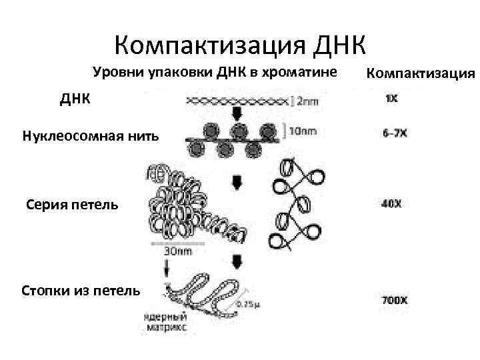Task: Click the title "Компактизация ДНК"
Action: click(x=240, y=45)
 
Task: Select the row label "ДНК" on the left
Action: click(x=74, y=99)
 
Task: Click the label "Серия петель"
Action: click(x=73, y=204)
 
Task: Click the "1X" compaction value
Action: click(x=391, y=99)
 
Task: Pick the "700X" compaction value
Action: click(x=395, y=301)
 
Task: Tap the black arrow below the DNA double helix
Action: click(x=237, y=113)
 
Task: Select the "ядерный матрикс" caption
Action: click(x=165, y=323)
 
